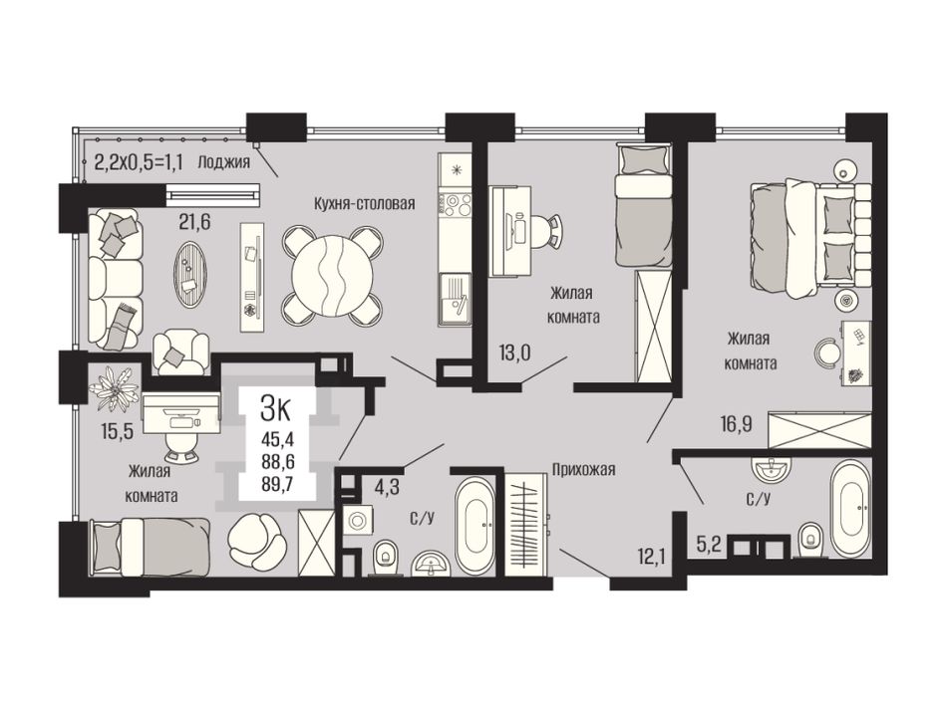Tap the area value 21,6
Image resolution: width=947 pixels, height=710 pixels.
pos(193,223)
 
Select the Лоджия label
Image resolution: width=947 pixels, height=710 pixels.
pos(223,161)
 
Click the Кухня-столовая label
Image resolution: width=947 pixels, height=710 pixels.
pos(364,203)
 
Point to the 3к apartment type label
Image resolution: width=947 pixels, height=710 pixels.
pos(275,409)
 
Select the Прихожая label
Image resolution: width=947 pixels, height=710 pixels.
pos(583,469)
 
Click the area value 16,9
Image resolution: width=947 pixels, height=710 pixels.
pos(736,424)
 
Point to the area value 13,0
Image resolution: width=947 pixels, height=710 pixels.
pos(514,352)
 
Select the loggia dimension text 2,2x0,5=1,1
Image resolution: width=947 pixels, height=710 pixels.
pos(139,161)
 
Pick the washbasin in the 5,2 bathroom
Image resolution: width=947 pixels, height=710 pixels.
pos(772,468)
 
